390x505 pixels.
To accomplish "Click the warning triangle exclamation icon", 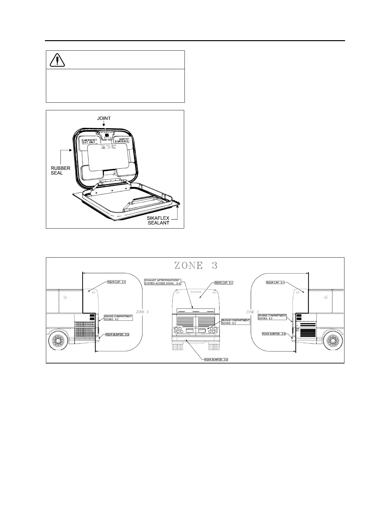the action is point(57,60).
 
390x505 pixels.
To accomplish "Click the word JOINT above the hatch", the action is point(104,118).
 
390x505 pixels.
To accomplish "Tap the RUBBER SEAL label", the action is point(61,171).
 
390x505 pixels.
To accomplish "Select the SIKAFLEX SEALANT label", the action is point(158,220).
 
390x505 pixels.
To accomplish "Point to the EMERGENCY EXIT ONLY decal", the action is point(89,141).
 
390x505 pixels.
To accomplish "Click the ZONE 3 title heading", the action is point(196,265).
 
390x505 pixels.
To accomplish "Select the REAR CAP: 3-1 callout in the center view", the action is point(224,283).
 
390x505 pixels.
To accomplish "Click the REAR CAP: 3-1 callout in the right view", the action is point(275,282).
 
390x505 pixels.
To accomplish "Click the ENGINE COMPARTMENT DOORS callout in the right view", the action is point(272,317).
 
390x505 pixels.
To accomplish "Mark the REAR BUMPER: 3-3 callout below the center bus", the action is point(216,359).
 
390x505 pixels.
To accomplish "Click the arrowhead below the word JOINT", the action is point(104,125).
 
